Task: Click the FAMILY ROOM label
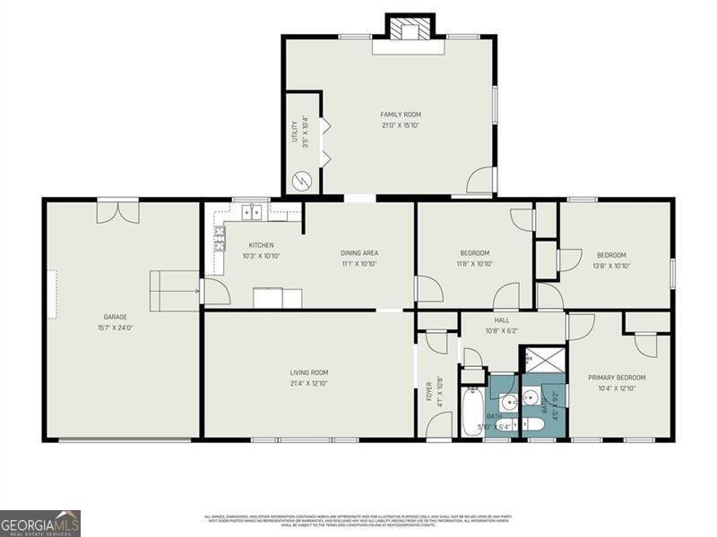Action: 401,115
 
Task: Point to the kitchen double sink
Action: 254,212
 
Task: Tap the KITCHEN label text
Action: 261,245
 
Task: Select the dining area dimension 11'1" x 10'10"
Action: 358,264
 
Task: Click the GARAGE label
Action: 115,317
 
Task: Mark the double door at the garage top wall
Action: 118,211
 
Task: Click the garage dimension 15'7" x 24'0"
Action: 115,328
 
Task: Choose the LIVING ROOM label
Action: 308,372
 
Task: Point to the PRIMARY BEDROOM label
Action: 617,378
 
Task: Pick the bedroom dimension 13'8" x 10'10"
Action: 612,266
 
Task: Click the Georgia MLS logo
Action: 40,523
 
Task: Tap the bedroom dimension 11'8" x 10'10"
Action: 475,264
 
